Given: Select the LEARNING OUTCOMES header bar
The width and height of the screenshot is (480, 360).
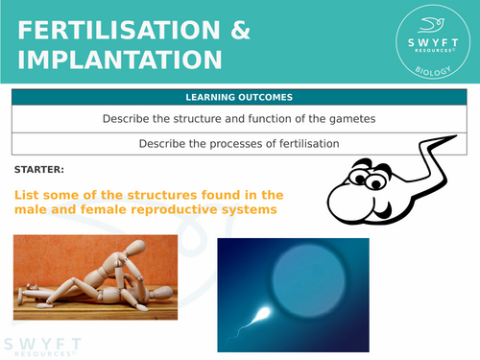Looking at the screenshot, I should click(x=240, y=98).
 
